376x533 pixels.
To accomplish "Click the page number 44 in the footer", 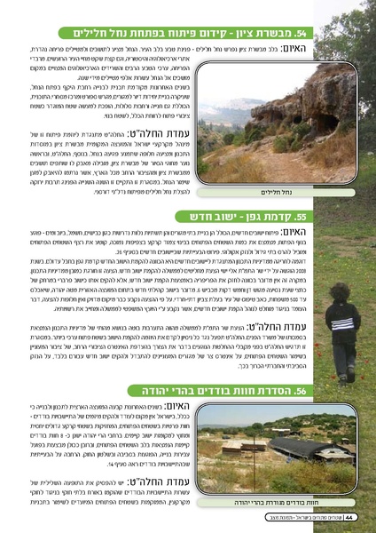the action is click(x=352, y=517).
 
